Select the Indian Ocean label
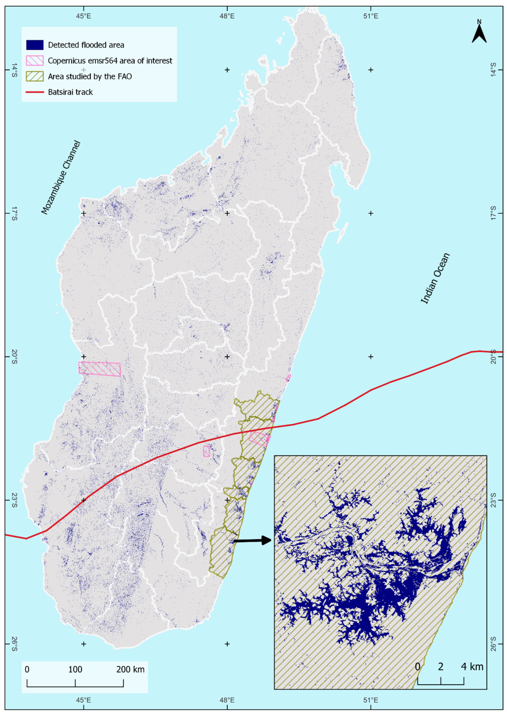click(x=436, y=278)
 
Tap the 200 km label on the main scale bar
click(x=131, y=669)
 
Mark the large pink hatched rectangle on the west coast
click(x=100, y=369)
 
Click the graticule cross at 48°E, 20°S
click(x=227, y=356)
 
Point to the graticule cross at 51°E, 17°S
click(x=371, y=213)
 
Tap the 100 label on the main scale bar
click(x=75, y=669)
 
